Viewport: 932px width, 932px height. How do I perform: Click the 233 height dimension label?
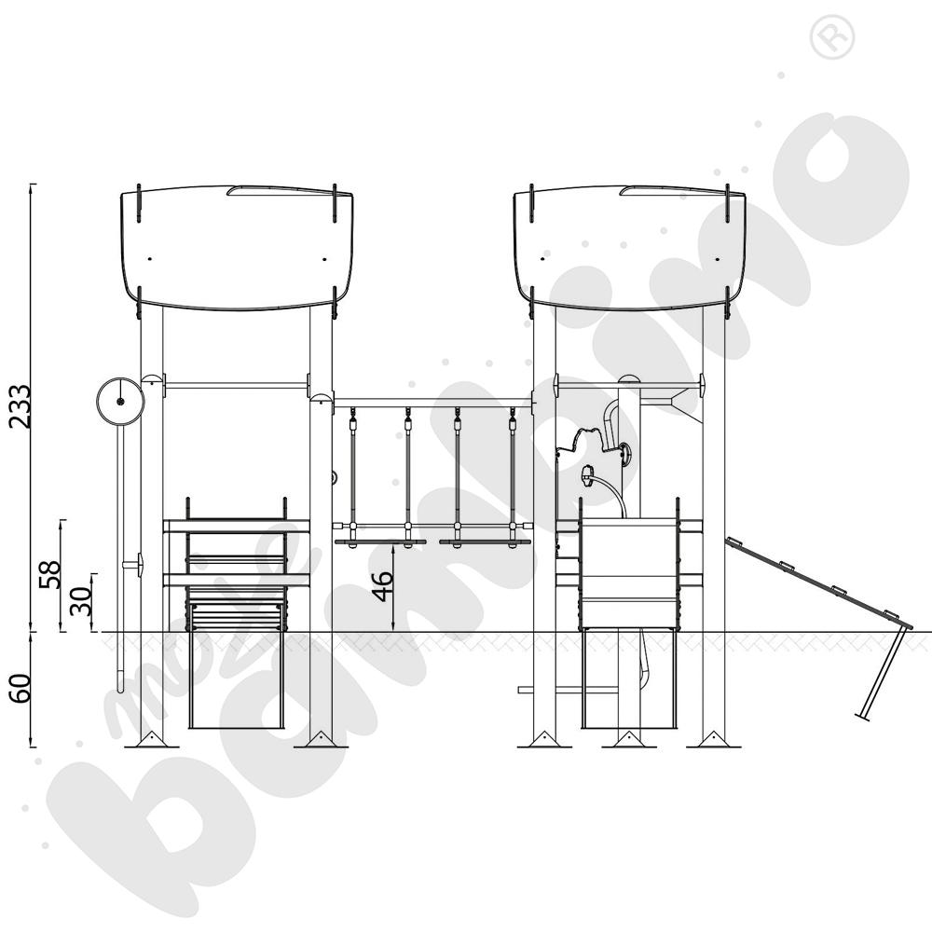(x=19, y=406)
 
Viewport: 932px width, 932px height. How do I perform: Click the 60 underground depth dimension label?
(x=20, y=689)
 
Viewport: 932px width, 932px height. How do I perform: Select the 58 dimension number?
(x=50, y=574)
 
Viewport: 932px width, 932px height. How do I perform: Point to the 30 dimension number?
(x=81, y=601)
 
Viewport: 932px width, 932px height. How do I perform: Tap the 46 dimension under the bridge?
(x=383, y=586)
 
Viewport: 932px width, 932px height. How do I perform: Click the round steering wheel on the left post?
(x=120, y=402)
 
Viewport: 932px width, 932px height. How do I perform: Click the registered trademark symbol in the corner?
(x=832, y=37)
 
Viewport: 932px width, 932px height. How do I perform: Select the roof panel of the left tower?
(x=237, y=249)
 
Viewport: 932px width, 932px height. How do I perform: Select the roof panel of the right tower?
(x=629, y=249)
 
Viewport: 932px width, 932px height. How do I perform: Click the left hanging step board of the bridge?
(x=380, y=542)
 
